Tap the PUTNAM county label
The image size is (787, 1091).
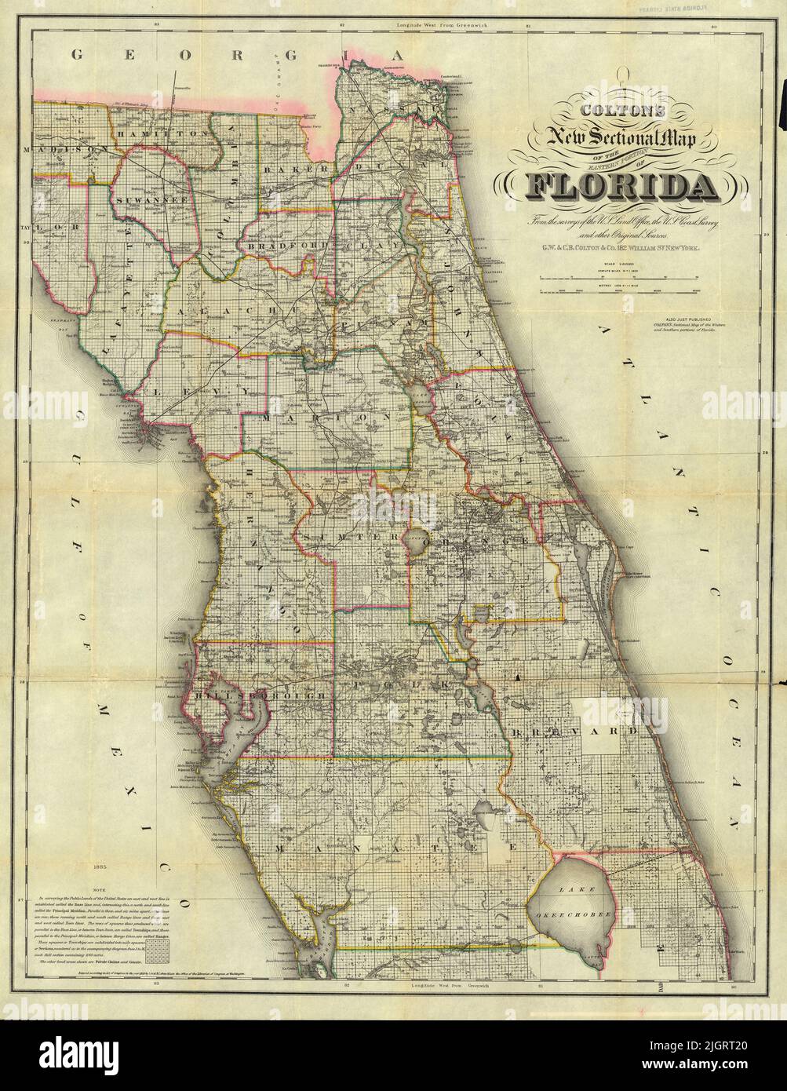pos(384,323)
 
